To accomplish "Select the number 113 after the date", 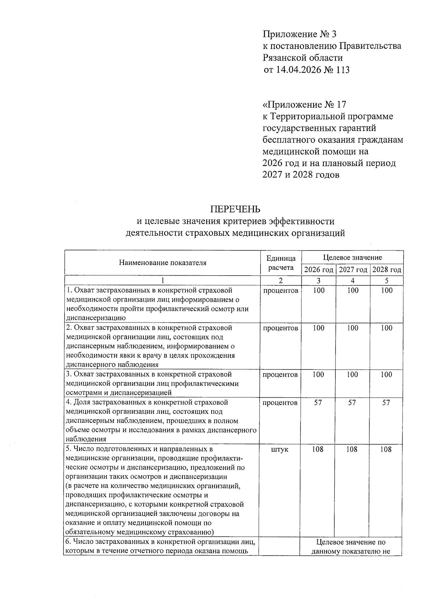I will coord(342,70).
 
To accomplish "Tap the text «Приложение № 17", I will coord(304,105).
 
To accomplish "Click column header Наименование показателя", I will coord(163,263).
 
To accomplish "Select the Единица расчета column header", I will coord(280,263).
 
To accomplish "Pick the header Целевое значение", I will coord(353,257).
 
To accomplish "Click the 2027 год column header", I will coord(353,270).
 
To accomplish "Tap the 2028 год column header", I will coord(387,270).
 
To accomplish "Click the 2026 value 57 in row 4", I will coord(318,403).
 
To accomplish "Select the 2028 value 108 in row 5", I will coord(386,449).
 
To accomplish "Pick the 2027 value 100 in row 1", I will coord(353,291).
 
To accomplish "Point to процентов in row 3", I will coord(280,375).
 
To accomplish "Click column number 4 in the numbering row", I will coord(353,281).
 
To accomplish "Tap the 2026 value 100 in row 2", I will coord(318,328).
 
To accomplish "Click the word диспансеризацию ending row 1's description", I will coord(96,318).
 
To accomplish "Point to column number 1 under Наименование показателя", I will coord(163,281).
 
